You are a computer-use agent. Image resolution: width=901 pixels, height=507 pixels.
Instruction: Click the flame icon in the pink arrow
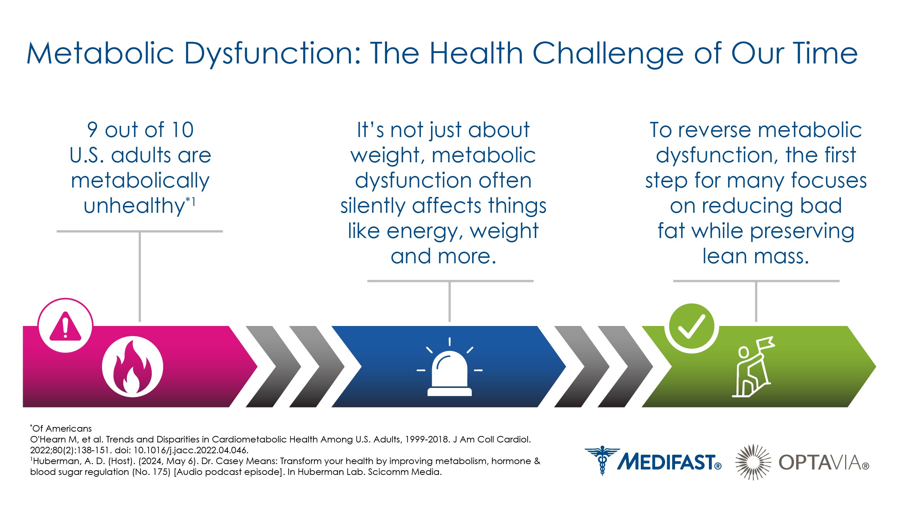click(x=132, y=366)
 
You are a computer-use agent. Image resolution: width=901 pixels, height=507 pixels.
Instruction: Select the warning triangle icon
click(x=65, y=326)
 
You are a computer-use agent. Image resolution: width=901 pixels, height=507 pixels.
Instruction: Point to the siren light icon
click(x=449, y=367)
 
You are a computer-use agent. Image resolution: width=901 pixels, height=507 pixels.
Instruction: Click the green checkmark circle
click(x=691, y=328)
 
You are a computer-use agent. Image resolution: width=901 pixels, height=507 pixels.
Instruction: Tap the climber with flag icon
click(x=753, y=367)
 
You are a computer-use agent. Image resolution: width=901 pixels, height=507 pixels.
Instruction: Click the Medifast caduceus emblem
click(x=602, y=460)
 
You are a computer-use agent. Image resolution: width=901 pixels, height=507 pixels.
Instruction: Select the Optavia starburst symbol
click(x=753, y=462)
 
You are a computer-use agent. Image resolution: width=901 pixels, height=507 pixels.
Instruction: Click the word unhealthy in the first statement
click(x=134, y=206)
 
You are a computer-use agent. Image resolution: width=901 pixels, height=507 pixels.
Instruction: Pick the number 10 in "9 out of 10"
click(x=183, y=130)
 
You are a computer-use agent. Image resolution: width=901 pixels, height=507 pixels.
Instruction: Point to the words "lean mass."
click(x=756, y=256)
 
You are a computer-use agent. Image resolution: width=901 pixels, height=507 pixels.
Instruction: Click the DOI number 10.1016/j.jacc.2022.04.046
click(x=191, y=450)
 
